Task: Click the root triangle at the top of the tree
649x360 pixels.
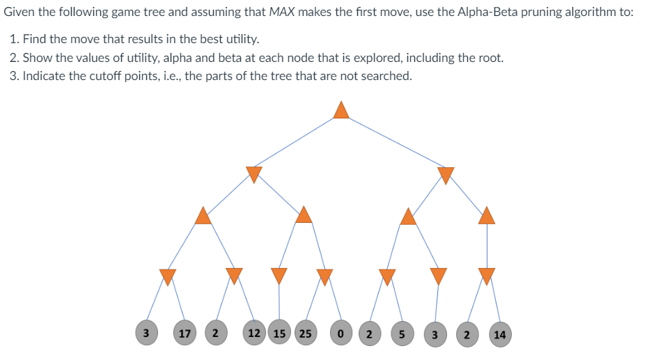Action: [x=341, y=110]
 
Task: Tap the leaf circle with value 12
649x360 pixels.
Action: [x=254, y=334]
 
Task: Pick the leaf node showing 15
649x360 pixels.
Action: [x=279, y=334]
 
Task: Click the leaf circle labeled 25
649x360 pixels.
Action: [x=305, y=334]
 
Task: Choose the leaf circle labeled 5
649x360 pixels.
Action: [x=402, y=334]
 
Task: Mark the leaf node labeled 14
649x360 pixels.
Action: [x=499, y=334]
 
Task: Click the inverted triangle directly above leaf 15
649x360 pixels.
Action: [x=279, y=276]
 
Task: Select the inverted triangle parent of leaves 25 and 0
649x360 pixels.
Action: [x=324, y=276]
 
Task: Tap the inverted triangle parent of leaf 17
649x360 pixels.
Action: [x=167, y=276]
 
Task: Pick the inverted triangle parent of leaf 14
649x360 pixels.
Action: [x=487, y=276]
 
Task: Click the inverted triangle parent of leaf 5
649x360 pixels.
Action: [x=387, y=276]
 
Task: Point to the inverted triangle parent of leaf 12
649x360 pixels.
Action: [x=234, y=276]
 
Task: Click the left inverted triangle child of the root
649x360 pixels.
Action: [x=254, y=174]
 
